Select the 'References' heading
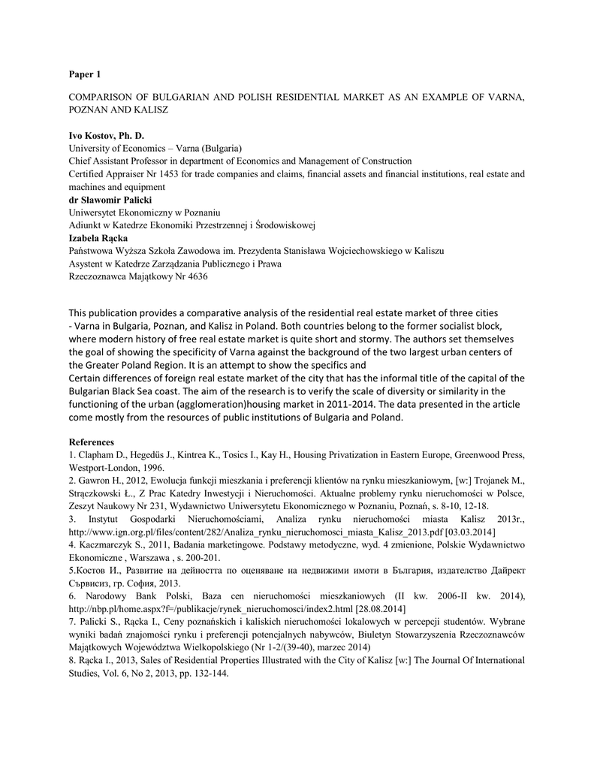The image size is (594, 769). point(92,442)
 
